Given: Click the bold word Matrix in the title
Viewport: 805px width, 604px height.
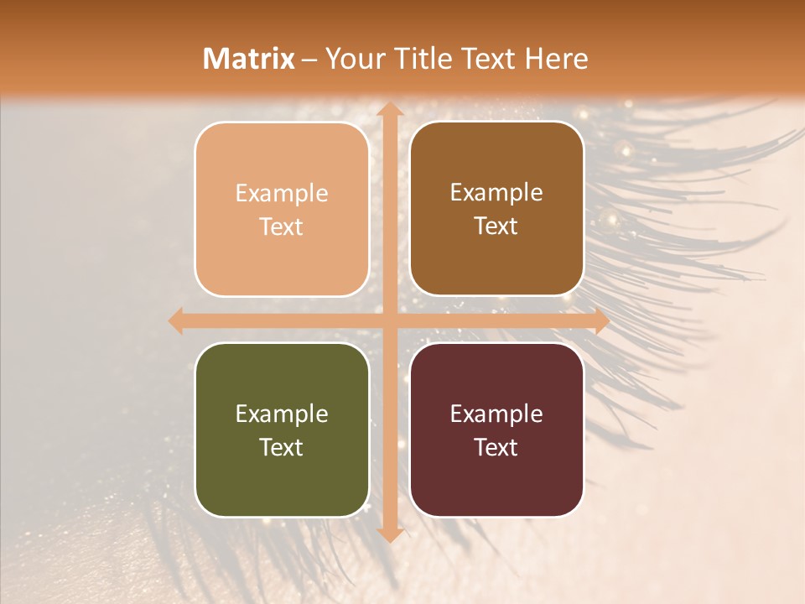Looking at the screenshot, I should click(249, 59).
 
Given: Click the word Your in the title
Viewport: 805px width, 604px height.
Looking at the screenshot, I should click(352, 59).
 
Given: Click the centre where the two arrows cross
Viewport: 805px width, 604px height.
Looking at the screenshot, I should click(389, 320).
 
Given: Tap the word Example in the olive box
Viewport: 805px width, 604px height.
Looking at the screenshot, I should click(282, 414).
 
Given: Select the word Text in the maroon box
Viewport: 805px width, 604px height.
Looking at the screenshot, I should click(496, 447).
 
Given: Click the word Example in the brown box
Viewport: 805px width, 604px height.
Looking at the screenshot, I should click(496, 192).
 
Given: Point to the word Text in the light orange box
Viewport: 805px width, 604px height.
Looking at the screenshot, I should click(282, 226).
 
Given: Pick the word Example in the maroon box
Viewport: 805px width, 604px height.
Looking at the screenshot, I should click(496, 414).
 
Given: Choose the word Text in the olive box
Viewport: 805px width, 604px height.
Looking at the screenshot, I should click(282, 447).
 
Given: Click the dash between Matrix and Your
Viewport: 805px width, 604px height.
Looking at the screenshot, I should click(309, 60).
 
